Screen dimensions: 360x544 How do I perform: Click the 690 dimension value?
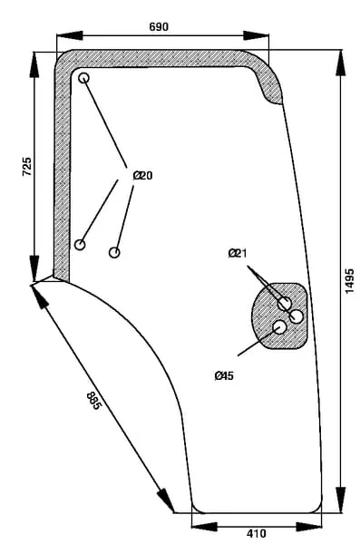click(x=159, y=26)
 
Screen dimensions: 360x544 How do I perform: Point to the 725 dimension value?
click(x=27, y=167)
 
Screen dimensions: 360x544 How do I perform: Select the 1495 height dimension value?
click(x=349, y=281)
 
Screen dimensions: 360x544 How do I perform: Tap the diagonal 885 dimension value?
click(x=94, y=401)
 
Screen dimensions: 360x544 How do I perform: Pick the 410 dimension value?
click(x=257, y=533)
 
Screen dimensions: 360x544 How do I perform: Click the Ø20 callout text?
click(x=142, y=176)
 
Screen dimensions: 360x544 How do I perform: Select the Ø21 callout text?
click(x=238, y=253)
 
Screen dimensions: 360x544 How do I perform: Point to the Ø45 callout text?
click(x=224, y=375)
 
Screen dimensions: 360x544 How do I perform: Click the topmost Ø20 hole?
click(x=83, y=78)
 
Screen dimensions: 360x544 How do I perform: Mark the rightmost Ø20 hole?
click(x=114, y=252)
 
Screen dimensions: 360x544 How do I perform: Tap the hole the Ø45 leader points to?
click(x=280, y=327)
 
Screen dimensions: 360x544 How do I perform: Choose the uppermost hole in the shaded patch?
click(x=285, y=304)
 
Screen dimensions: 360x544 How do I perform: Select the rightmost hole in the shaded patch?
click(x=297, y=316)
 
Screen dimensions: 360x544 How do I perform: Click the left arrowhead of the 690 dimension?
click(x=70, y=35)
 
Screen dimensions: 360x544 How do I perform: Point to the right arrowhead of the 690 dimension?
click(x=256, y=35)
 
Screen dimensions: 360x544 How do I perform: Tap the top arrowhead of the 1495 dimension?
click(x=341, y=63)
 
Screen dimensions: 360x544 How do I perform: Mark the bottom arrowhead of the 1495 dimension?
click(x=341, y=500)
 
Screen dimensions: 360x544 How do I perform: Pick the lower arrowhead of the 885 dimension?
click(x=166, y=500)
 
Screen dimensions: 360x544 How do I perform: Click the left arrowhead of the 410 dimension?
click(x=205, y=527)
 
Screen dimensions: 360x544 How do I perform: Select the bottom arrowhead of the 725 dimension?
click(x=34, y=268)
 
